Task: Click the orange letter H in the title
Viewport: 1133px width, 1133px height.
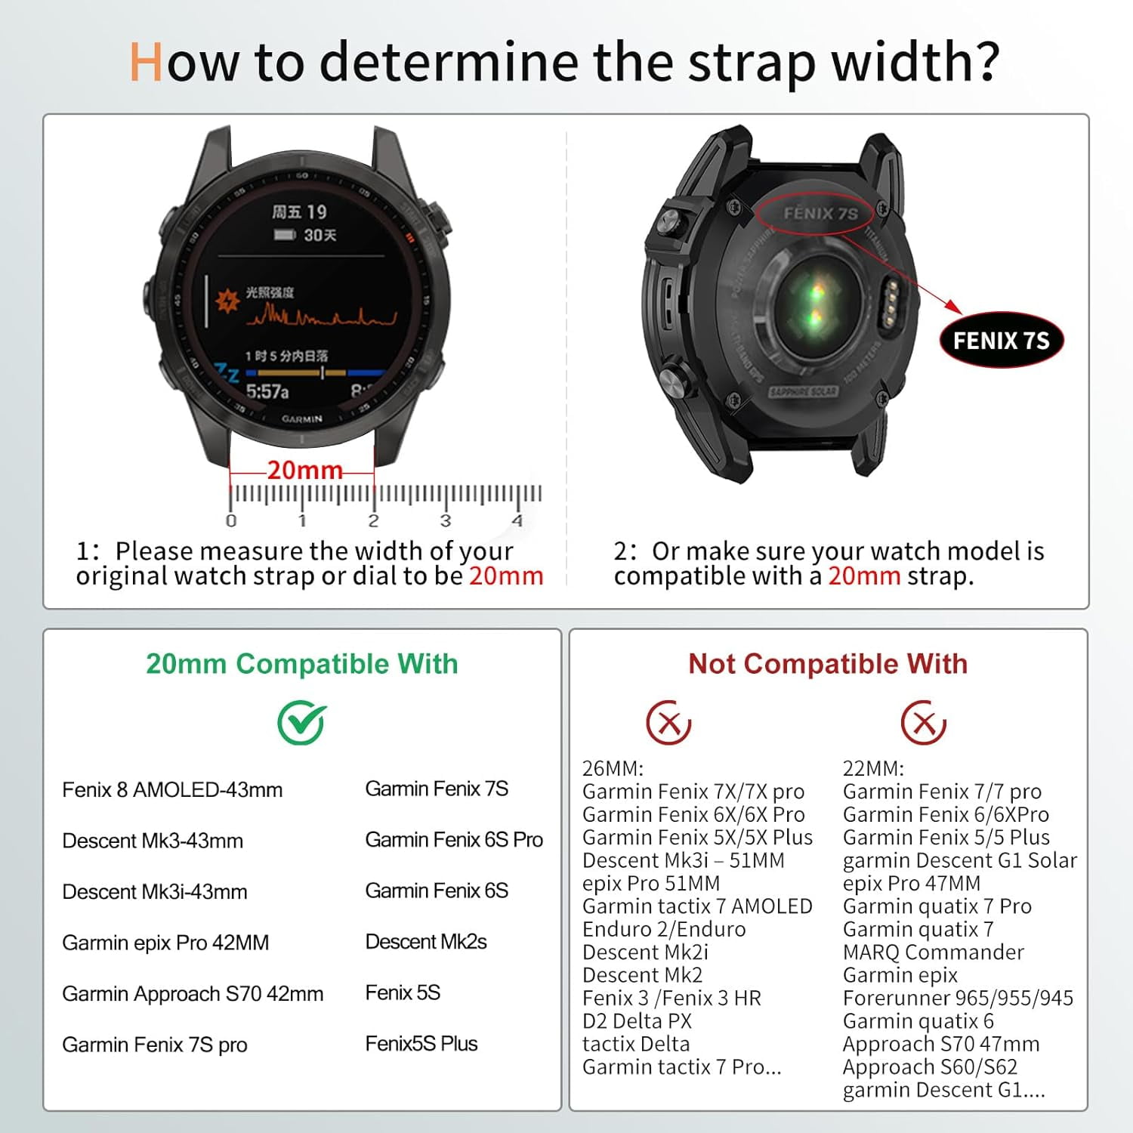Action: click(146, 62)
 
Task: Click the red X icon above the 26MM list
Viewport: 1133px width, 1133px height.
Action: click(668, 722)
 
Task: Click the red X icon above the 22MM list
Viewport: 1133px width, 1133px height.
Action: click(923, 722)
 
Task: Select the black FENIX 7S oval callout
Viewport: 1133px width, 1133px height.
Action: click(1001, 341)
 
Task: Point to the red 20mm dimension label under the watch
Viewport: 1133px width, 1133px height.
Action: click(304, 470)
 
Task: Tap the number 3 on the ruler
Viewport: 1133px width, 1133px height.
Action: click(445, 520)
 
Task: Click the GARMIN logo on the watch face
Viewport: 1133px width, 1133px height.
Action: click(302, 418)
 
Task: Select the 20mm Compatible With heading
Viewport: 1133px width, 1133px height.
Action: click(301, 664)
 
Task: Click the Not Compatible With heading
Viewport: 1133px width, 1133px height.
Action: click(828, 664)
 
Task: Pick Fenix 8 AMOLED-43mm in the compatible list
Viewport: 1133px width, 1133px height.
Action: click(172, 790)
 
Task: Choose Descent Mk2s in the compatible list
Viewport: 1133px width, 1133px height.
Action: click(425, 942)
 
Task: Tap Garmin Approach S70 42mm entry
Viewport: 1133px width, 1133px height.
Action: click(193, 993)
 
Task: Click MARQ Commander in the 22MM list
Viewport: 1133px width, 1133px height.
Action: click(934, 952)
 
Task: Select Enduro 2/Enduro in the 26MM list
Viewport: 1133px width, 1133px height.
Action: click(664, 929)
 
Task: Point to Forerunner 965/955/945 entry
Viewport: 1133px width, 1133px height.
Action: click(958, 998)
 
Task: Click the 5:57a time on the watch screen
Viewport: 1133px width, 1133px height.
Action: click(267, 391)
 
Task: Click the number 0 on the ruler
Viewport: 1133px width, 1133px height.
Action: click(230, 520)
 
